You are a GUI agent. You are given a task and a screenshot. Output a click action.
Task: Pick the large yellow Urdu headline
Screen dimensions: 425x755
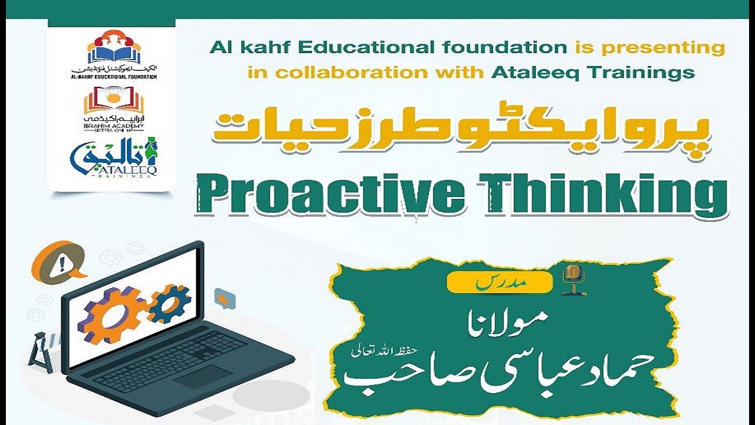tap(463, 135)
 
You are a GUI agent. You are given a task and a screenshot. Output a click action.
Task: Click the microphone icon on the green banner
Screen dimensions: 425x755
tap(571, 278)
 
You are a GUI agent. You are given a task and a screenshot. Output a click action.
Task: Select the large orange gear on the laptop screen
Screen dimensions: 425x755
tap(116, 313)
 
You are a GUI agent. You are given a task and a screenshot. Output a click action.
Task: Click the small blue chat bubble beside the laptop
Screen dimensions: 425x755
tap(222, 298)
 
